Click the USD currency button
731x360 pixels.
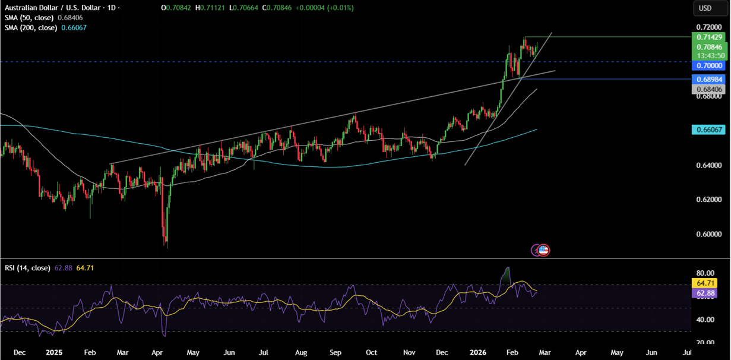pyautogui.click(x=705, y=8)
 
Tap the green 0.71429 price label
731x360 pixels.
pyautogui.click(x=709, y=37)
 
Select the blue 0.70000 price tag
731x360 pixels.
pyautogui.click(x=709, y=65)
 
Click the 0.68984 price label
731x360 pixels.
pyautogui.click(x=709, y=79)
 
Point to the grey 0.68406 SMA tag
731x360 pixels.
pyautogui.click(x=709, y=89)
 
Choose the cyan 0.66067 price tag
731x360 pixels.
pyautogui.click(x=709, y=129)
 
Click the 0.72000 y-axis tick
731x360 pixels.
pyautogui.click(x=709, y=27)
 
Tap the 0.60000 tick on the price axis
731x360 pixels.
pyautogui.click(x=709, y=233)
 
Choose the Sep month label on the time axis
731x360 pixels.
pyautogui.click(x=337, y=352)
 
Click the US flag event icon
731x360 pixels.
pyautogui.click(x=543, y=250)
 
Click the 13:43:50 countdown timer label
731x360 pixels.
pyautogui.click(x=709, y=55)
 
